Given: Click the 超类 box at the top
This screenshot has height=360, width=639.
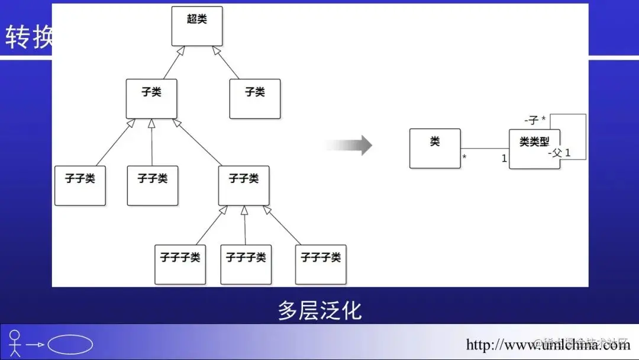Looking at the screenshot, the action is tap(197, 26).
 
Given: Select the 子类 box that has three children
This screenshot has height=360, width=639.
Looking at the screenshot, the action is tap(151, 98).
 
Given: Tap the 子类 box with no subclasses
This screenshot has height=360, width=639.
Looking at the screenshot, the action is tap(255, 98).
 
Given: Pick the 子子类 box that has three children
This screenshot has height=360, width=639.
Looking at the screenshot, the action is tap(244, 185).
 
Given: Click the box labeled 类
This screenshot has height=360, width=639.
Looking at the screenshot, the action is tap(435, 148).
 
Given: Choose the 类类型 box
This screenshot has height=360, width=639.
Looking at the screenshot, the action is tap(534, 149).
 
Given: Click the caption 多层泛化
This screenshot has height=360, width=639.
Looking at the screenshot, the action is tap(319, 310).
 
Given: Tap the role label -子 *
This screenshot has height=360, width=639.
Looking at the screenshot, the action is tap(535, 120).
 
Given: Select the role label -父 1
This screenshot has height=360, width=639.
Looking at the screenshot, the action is tap(560, 153).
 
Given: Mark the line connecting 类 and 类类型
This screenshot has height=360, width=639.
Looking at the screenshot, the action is tap(485, 148).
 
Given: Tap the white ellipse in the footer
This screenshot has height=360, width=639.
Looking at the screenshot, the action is tap(70, 345).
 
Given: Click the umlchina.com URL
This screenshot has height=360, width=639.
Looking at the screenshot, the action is tap(547, 345).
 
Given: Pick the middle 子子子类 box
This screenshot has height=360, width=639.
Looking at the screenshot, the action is tap(246, 264).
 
